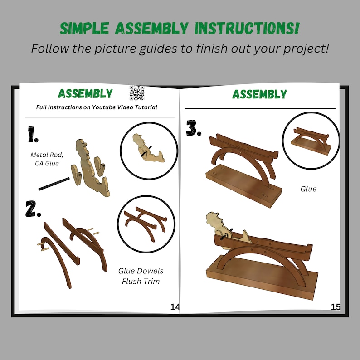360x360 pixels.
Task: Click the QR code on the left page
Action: [136, 92]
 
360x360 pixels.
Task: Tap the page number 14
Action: [175, 307]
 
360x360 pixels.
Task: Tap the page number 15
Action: [336, 307]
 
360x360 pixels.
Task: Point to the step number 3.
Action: [194, 129]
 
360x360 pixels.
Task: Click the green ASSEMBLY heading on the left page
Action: [85, 94]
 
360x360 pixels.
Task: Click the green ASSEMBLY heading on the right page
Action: [259, 94]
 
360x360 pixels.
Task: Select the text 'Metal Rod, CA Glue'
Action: [47, 159]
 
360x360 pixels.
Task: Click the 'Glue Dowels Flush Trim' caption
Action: [141, 276]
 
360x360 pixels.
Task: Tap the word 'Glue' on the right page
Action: [308, 189]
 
